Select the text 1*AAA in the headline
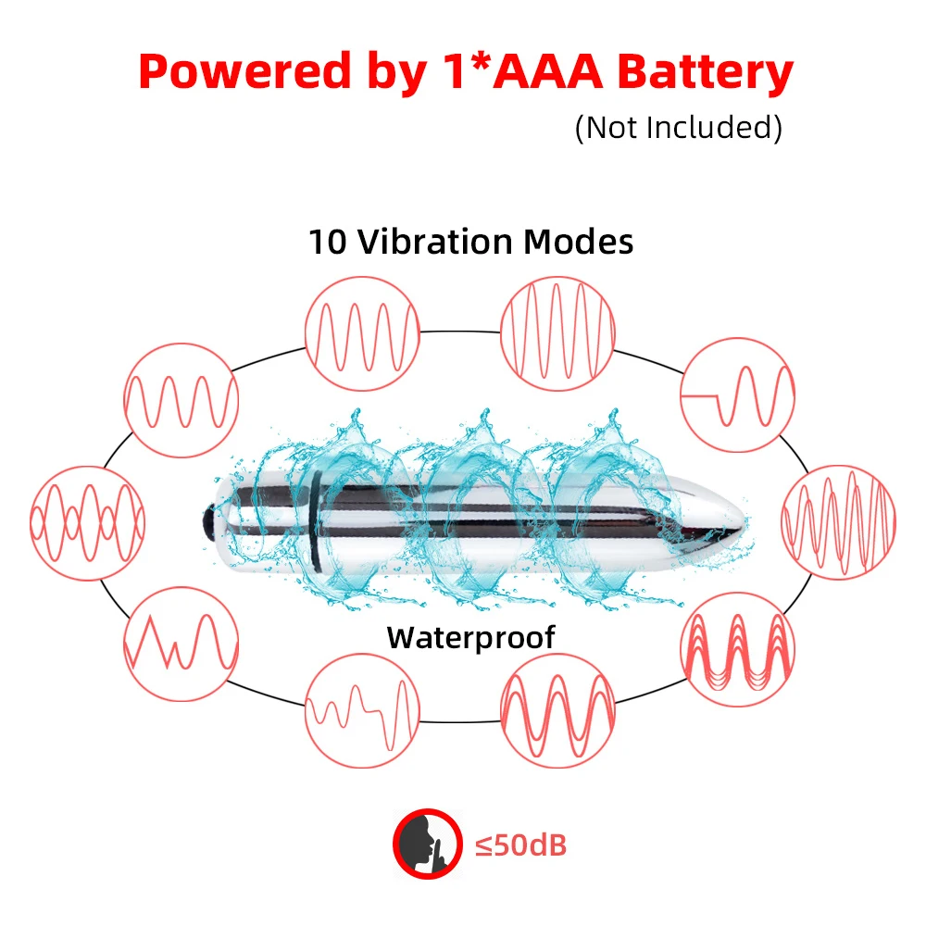[x=512, y=71]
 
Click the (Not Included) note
[x=678, y=127]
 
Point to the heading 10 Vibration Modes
[x=470, y=242]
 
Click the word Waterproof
[x=470, y=637]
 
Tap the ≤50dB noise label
[x=520, y=845]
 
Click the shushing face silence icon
[x=427, y=845]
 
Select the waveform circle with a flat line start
[x=738, y=394]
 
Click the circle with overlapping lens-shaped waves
[x=87, y=523]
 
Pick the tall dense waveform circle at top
[x=558, y=331]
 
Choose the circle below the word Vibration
[x=363, y=332]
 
